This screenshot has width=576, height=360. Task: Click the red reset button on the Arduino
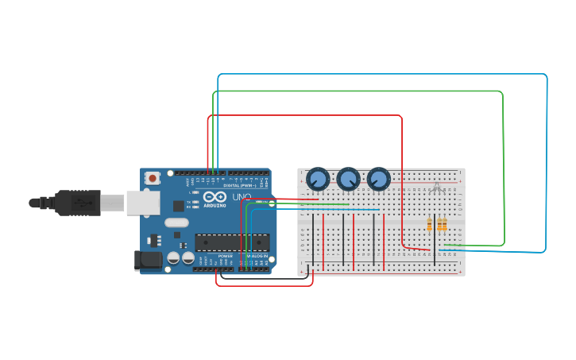pyautogui.click(x=152, y=178)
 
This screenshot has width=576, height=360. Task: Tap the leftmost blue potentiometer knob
pyautogui.click(x=318, y=179)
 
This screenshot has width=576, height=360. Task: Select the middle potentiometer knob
pyautogui.click(x=348, y=179)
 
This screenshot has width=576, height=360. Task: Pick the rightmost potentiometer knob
pyautogui.click(x=379, y=179)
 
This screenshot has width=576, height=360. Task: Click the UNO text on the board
pyautogui.click(x=242, y=197)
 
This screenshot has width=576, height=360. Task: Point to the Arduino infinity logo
pyautogui.click(x=215, y=196)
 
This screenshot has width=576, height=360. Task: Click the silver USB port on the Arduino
pyautogui.click(x=142, y=203)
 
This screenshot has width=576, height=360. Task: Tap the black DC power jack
pyautogui.click(x=147, y=260)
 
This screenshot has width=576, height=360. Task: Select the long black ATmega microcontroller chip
pyautogui.click(x=232, y=242)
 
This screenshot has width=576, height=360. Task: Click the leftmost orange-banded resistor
pyautogui.click(x=429, y=225)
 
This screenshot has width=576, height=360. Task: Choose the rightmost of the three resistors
pyautogui.click(x=444, y=225)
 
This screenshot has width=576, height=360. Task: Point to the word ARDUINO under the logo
pyautogui.click(x=215, y=206)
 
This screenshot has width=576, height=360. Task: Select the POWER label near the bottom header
pyautogui.click(x=225, y=256)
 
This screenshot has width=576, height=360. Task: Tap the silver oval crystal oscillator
pyautogui.click(x=176, y=223)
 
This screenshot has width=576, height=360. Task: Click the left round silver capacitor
pyautogui.click(x=173, y=257)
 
